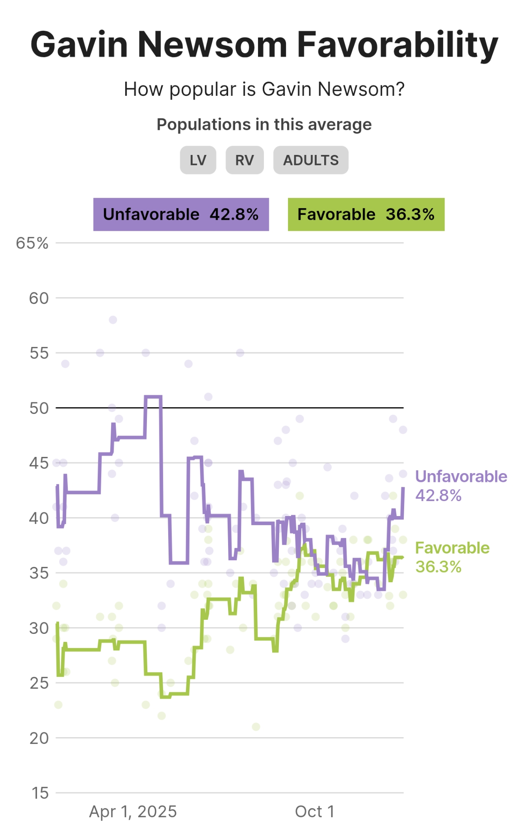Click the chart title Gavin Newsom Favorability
(x=264, y=45)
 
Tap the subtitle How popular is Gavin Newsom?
(x=264, y=89)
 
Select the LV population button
(x=198, y=160)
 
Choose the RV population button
(x=245, y=160)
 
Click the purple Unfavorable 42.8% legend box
(x=181, y=214)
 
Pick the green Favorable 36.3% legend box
(x=366, y=214)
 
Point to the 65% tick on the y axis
(x=32, y=243)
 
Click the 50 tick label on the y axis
(x=39, y=408)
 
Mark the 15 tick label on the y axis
(x=40, y=793)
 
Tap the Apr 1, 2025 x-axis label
(x=133, y=811)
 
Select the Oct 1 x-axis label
(x=315, y=811)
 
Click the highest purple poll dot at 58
(x=113, y=320)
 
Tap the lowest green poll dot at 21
(x=256, y=727)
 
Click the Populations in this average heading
(x=264, y=125)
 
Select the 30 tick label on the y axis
(x=39, y=628)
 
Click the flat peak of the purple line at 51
(x=153, y=397)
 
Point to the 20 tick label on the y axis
(x=39, y=738)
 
